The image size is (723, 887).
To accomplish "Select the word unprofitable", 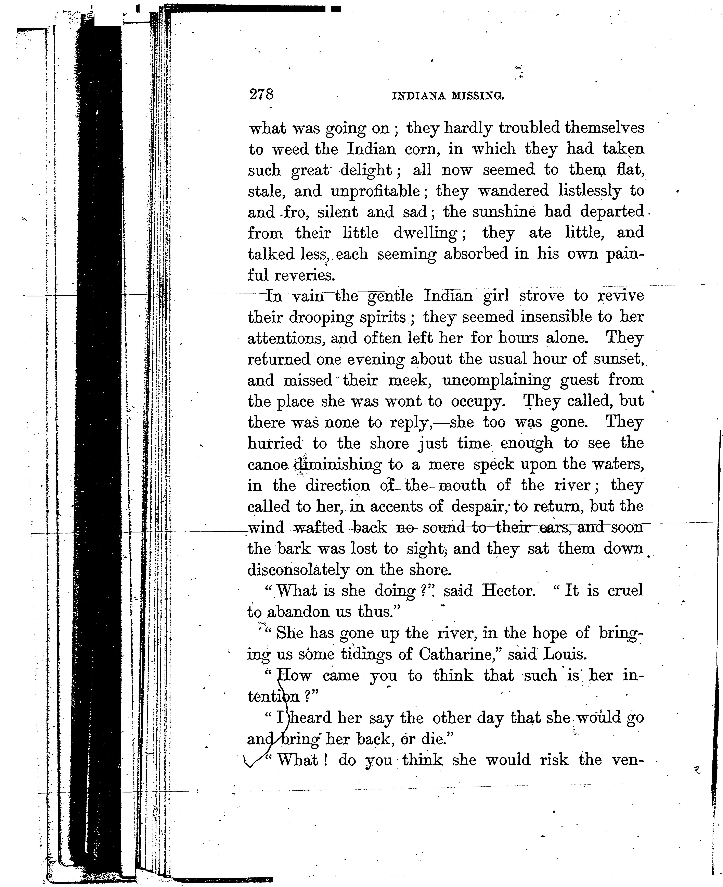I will tap(375, 191).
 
